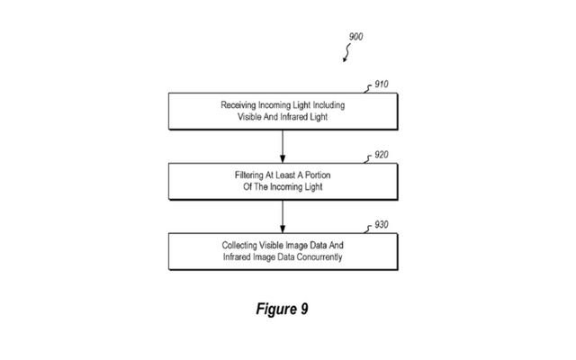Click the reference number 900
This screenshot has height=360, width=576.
point(355,37)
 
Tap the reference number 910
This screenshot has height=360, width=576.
point(382,85)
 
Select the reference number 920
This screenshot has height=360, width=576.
point(382,155)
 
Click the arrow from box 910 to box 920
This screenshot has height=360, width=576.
point(283,143)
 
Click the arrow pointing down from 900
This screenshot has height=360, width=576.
point(345,56)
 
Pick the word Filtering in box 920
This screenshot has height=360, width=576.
point(242,175)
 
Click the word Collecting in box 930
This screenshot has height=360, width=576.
point(241,245)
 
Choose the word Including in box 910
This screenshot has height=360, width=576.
point(328,105)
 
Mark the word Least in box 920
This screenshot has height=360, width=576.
point(286,175)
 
